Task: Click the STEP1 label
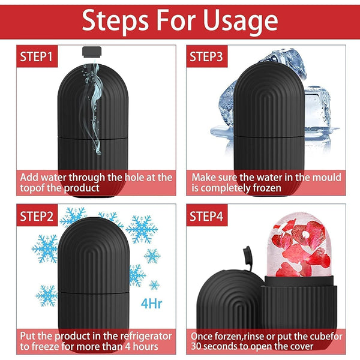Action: tap(37, 57)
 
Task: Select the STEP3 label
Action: tap(206, 57)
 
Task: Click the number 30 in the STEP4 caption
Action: tap(197, 347)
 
